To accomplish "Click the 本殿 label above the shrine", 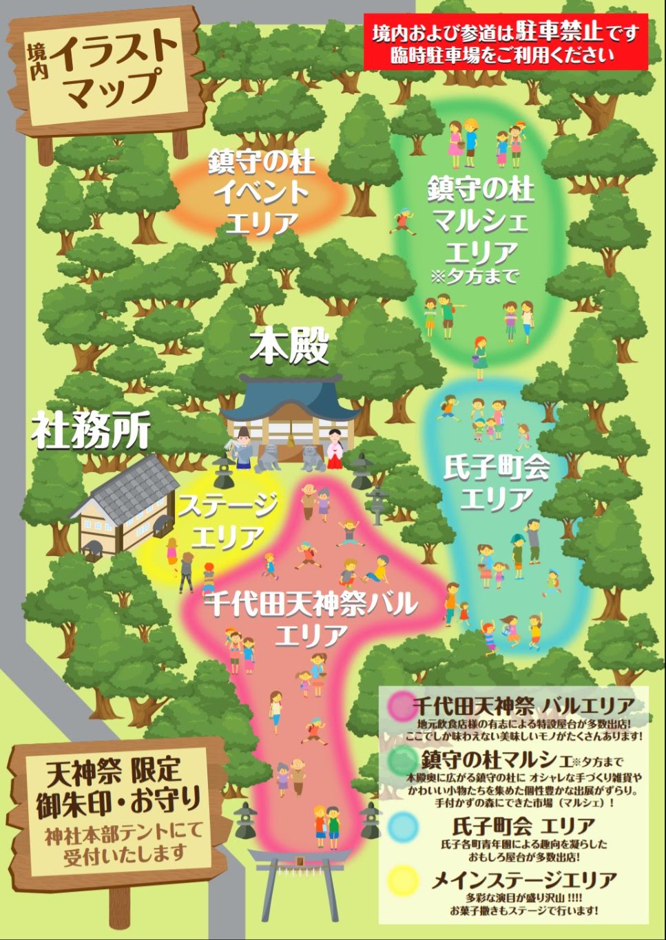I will (289, 347).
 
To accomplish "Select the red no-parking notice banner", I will (506, 43).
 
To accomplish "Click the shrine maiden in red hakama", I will (336, 448).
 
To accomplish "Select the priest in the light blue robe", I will (240, 447).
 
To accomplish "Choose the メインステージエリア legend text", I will (524, 880).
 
